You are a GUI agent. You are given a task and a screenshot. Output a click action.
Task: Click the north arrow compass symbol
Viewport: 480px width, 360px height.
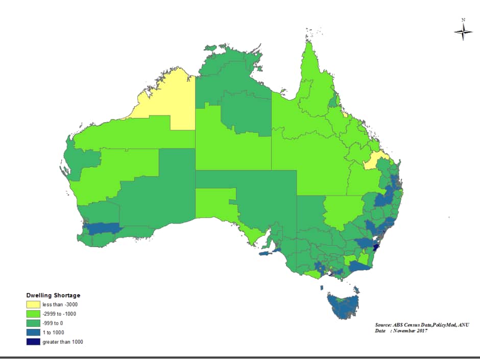[463, 32]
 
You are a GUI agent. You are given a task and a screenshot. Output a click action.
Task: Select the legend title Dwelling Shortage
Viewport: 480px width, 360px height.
[53, 295]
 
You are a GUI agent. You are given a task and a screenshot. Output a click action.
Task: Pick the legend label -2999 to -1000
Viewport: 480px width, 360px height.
[59, 314]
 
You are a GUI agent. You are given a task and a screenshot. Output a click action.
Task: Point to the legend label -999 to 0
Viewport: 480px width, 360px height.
[53, 323]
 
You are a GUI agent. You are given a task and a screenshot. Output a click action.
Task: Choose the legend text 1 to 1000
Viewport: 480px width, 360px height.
[53, 332]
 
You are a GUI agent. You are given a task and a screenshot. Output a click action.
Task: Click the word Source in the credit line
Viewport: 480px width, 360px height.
[383, 325]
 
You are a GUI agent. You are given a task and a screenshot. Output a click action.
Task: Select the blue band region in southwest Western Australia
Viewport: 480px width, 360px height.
[102, 229]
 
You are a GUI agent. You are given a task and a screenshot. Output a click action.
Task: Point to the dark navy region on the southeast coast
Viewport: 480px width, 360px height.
[377, 247]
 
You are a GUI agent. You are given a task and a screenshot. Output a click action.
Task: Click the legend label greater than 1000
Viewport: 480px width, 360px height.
[62, 342]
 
